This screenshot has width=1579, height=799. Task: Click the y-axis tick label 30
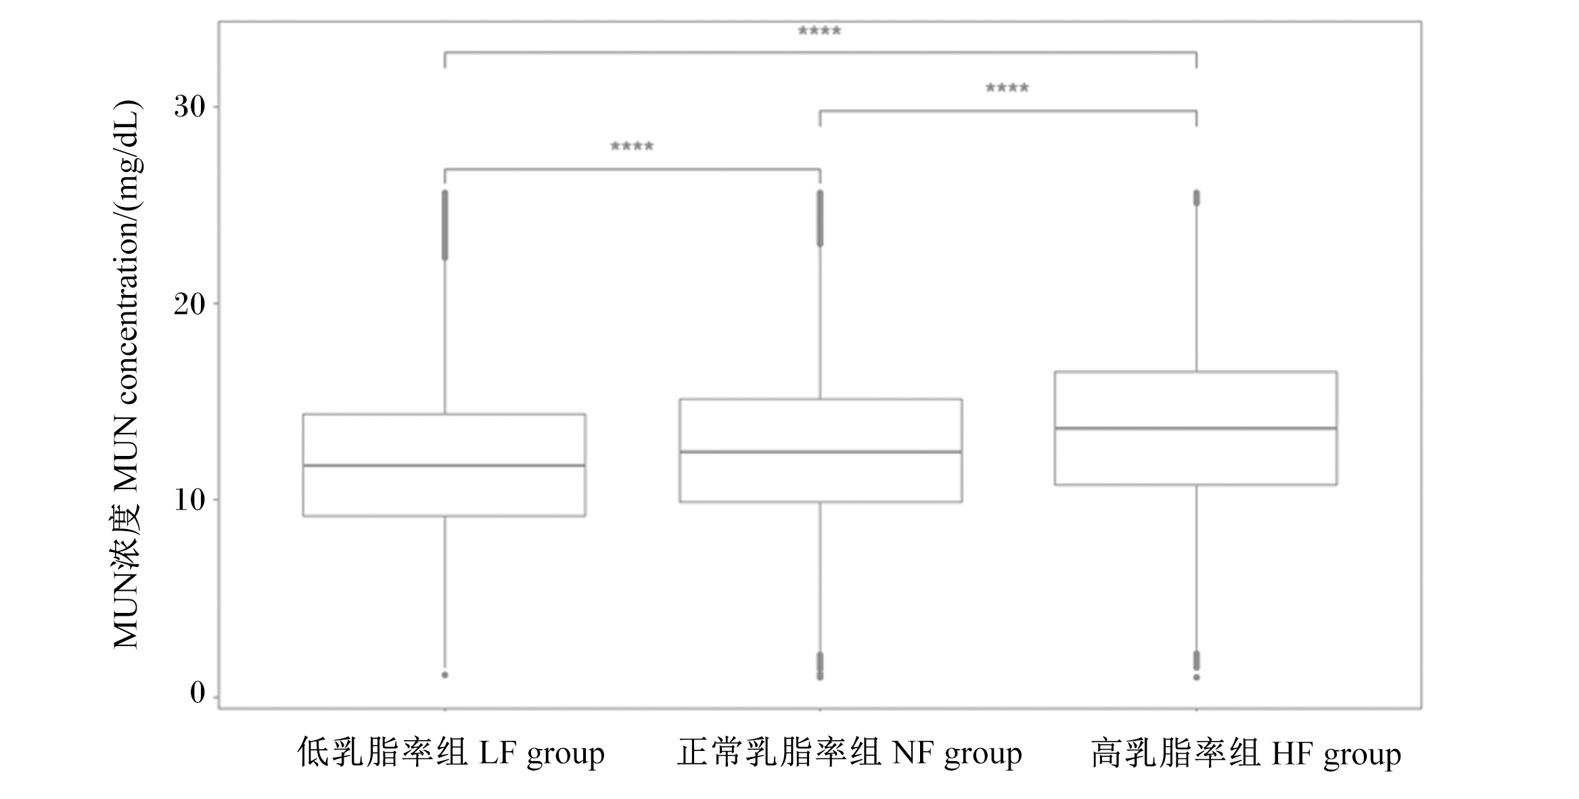pyautogui.click(x=189, y=107)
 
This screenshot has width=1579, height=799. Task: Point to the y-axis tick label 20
pyautogui.click(x=189, y=304)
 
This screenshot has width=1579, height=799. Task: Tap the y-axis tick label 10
pyautogui.click(x=189, y=500)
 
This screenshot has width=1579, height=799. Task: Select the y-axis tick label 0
pyautogui.click(x=198, y=693)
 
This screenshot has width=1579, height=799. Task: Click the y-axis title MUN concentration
pyautogui.click(x=126, y=375)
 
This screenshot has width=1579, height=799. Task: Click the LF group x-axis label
pyautogui.click(x=451, y=752)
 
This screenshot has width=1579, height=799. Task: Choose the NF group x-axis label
pyautogui.click(x=850, y=752)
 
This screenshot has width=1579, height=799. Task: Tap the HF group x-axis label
pyautogui.click(x=1246, y=752)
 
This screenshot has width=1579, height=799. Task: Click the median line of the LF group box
pyautogui.click(x=444, y=465)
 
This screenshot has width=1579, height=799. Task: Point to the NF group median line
pyautogui.click(x=821, y=451)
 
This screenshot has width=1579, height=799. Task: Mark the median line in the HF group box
pyautogui.click(x=1196, y=428)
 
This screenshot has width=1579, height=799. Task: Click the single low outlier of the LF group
pyautogui.click(x=445, y=675)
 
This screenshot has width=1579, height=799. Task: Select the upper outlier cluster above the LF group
pyautogui.click(x=445, y=225)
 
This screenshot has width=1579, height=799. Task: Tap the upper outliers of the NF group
pyautogui.click(x=821, y=218)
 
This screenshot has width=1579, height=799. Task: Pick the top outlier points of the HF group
pyautogui.click(x=1196, y=198)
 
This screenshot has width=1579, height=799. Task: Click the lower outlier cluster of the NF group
pyautogui.click(x=821, y=666)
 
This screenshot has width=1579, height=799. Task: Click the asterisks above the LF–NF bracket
pyautogui.click(x=632, y=146)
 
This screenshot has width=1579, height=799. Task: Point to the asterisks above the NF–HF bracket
pyautogui.click(x=1007, y=88)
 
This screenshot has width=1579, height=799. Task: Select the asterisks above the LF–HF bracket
pyautogui.click(x=819, y=31)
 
